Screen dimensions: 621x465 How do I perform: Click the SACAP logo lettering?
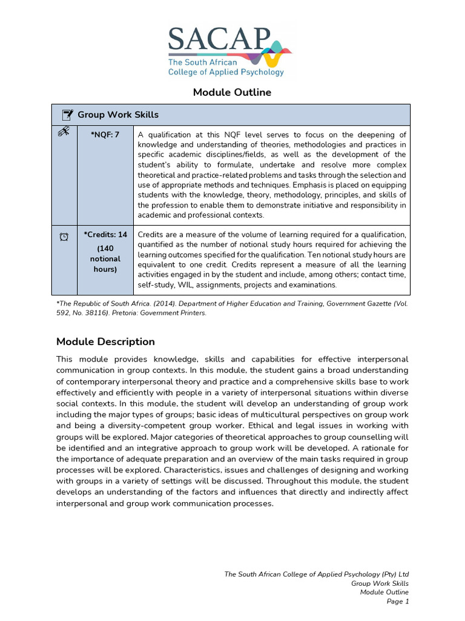point(218,39)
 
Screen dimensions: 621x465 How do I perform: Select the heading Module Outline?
point(232,92)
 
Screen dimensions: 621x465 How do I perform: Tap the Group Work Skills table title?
point(118,115)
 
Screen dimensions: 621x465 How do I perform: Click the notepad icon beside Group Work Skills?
point(67,115)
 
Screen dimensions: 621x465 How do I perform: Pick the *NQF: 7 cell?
point(105,135)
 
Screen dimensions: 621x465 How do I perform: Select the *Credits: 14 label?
point(105,235)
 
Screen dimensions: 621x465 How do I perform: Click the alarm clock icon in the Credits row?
point(64,237)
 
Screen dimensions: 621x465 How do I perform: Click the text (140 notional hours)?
point(105,258)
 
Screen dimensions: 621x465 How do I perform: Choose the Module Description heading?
point(105,341)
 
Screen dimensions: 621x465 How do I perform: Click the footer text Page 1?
point(398,602)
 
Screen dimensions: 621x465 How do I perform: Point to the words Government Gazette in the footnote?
point(357,303)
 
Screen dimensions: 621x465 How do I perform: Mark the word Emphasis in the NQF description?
point(312,185)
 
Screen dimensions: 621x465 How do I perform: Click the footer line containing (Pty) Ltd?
point(317,574)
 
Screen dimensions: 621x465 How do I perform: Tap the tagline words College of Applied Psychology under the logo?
point(226,72)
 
